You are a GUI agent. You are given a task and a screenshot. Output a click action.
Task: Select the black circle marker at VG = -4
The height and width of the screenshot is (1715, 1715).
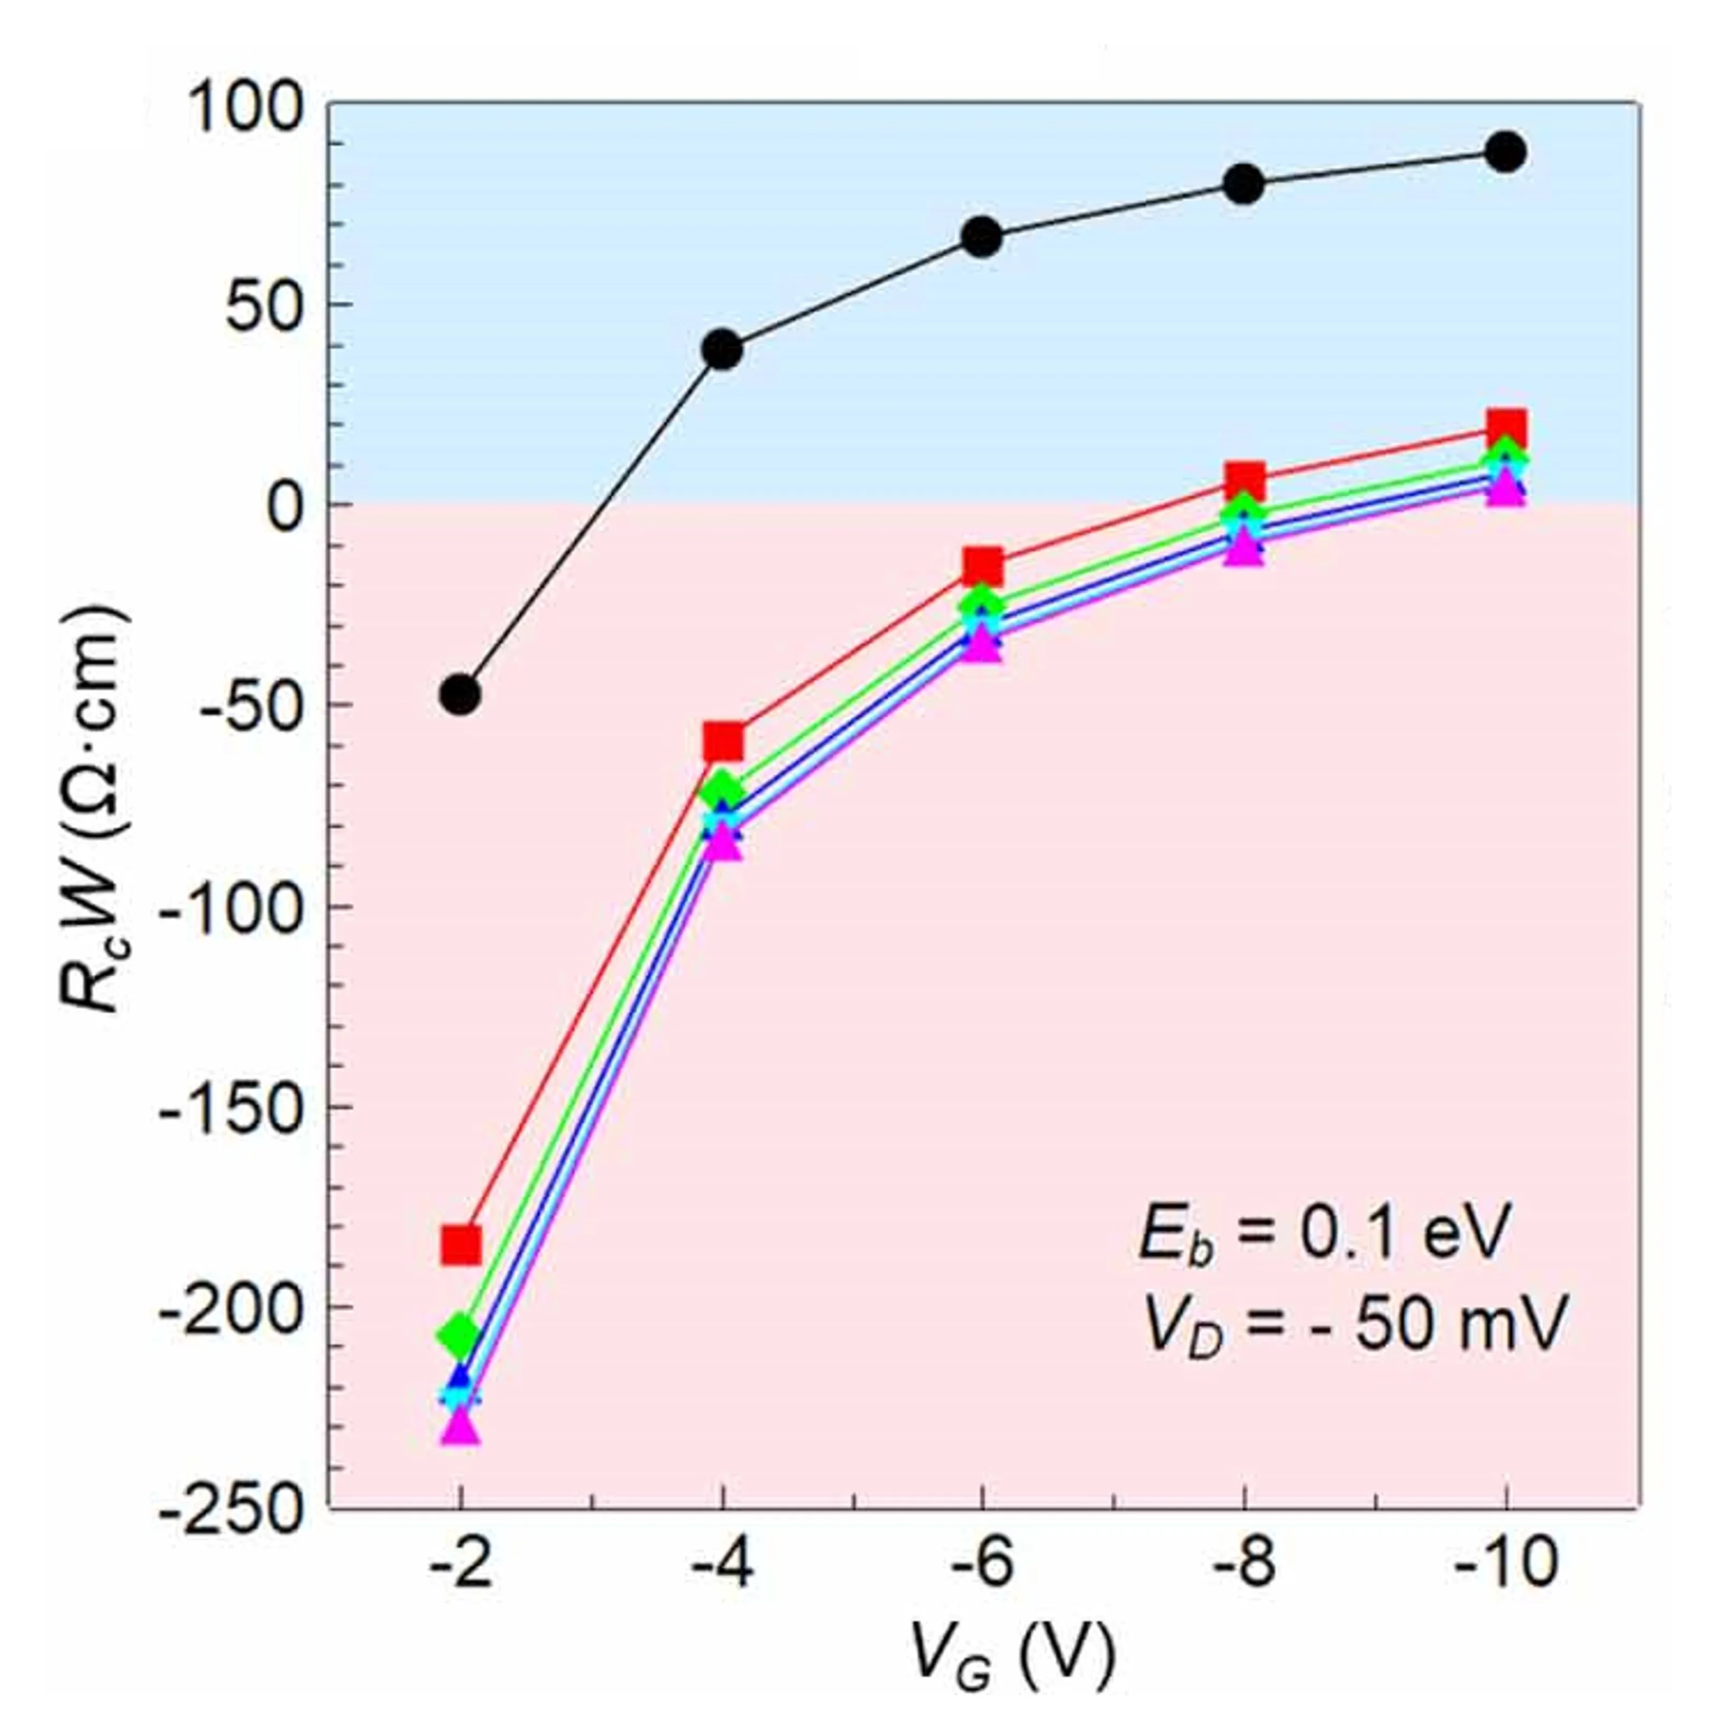coord(722,350)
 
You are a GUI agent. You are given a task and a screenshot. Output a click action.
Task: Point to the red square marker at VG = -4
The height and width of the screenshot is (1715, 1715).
coord(722,742)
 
